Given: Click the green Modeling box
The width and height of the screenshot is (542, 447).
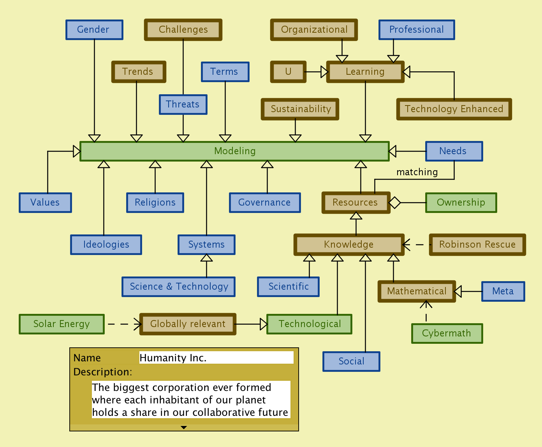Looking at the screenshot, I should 234,151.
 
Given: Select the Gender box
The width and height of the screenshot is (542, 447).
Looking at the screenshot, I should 94,30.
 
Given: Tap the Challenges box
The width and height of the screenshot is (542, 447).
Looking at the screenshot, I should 183,30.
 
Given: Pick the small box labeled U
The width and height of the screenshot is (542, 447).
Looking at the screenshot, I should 288,72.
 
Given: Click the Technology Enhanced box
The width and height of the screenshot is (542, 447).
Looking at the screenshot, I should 454,109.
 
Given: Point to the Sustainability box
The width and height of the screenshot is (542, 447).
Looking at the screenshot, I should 300,109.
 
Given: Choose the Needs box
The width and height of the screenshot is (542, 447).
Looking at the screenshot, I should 454,151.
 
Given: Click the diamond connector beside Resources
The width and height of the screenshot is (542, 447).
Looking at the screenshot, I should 394,202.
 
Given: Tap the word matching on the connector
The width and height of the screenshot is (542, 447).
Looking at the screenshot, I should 417,172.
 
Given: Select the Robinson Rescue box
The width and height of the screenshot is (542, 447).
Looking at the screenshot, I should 477,245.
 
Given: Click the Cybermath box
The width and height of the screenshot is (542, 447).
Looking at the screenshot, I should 447,333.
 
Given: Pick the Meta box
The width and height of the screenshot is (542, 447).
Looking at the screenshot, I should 503,291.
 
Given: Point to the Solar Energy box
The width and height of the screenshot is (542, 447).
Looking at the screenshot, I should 62,324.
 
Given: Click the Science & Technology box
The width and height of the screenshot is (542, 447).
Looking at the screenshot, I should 178,287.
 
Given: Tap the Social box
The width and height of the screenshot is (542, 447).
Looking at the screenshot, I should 351,361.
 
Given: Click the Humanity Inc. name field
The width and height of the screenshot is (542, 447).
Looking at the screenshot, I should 216,357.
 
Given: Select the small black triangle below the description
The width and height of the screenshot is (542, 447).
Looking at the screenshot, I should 184,428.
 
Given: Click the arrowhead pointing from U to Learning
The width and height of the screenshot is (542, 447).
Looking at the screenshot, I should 324,72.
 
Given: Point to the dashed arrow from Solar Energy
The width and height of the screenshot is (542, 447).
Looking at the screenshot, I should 125,324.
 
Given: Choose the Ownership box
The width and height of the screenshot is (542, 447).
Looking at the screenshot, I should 461,202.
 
